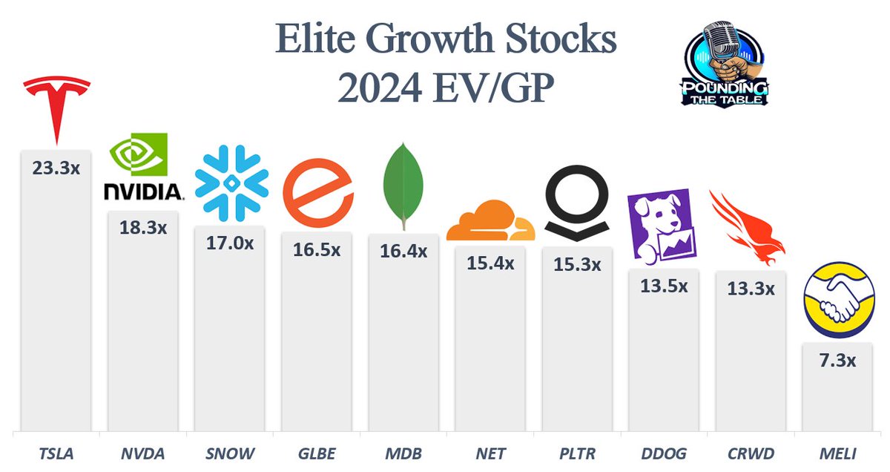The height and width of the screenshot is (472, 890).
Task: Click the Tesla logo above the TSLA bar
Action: coord(56,108)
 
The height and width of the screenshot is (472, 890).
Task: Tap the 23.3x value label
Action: coord(56,168)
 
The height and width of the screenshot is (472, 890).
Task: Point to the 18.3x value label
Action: coord(143,228)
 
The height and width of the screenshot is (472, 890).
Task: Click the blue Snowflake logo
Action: coord(229,183)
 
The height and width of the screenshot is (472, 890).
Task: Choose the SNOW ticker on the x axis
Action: coord(231,453)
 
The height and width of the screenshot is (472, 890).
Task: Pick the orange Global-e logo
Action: coord(317,192)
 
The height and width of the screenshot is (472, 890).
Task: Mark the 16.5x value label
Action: coord(317,250)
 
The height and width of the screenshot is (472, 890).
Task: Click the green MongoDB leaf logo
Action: coord(403,185)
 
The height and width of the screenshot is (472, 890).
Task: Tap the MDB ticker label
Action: coord(403,453)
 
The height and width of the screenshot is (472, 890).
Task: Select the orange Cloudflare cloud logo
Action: coord(490,220)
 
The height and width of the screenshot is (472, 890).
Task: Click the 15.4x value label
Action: coord(490,263)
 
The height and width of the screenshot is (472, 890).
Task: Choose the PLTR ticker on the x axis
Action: coord(577,453)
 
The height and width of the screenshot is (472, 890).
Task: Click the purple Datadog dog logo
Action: coord(663,226)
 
